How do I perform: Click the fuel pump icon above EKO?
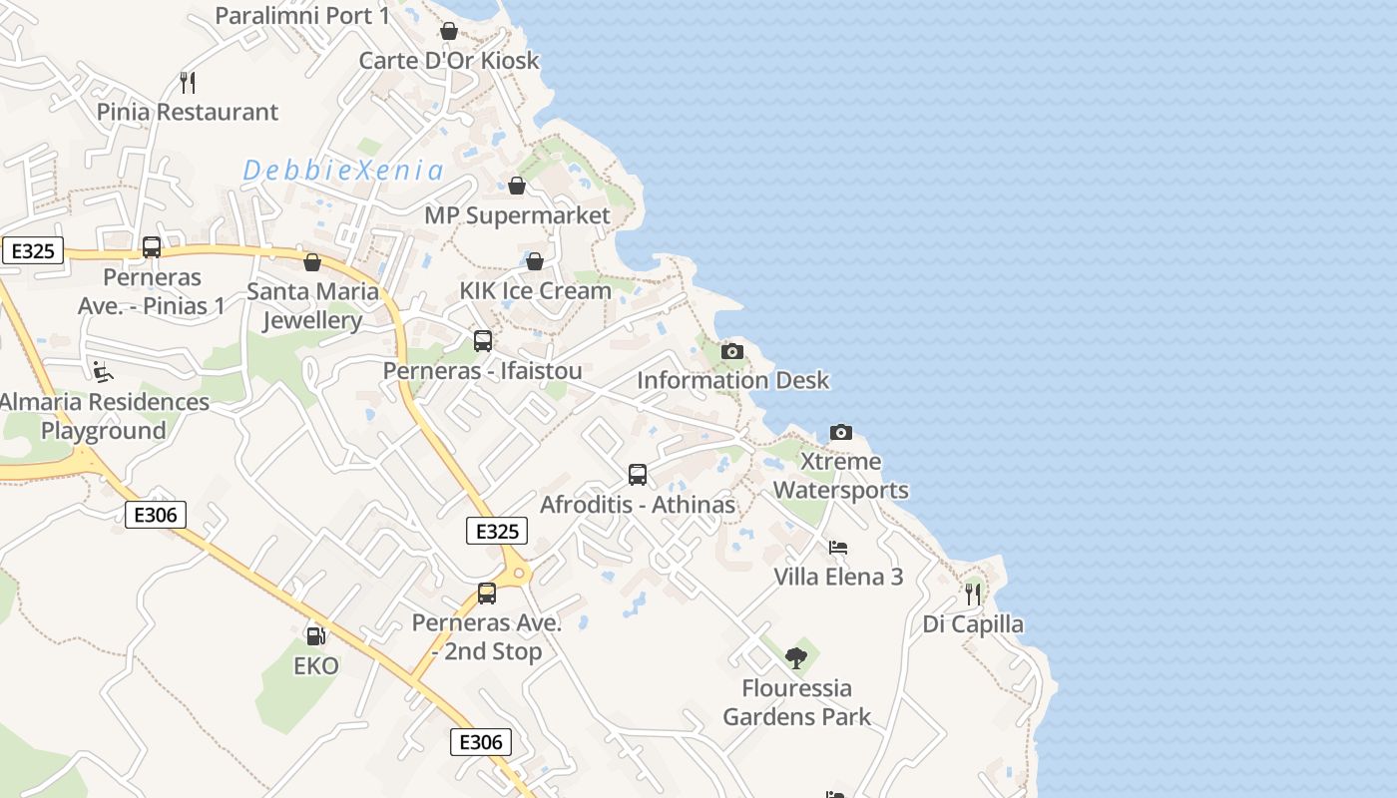coord(315,635)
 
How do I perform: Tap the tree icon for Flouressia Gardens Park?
coord(795,657)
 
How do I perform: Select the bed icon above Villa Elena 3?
coord(838,548)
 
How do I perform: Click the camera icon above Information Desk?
coord(732,351)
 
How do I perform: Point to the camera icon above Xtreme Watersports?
coord(841,432)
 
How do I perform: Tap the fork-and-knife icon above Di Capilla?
coord(973,595)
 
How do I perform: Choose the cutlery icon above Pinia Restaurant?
coord(188,82)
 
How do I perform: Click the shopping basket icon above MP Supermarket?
coord(517,186)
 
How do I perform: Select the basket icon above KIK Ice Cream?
coord(535,261)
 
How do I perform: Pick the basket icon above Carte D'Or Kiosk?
coord(449,31)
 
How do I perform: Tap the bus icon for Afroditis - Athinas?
coord(638,475)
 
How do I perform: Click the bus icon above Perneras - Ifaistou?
coord(483,341)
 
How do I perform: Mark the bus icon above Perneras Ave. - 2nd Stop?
coord(487,594)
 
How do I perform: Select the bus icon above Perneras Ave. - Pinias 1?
coord(152,247)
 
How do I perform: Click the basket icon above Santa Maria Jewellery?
coord(312,262)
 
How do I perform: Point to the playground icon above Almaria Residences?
coord(103,372)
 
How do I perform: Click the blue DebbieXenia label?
coord(343,170)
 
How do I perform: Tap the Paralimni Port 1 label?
coord(302,16)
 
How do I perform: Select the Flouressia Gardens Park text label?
coord(796,702)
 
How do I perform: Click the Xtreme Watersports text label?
coord(840,476)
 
